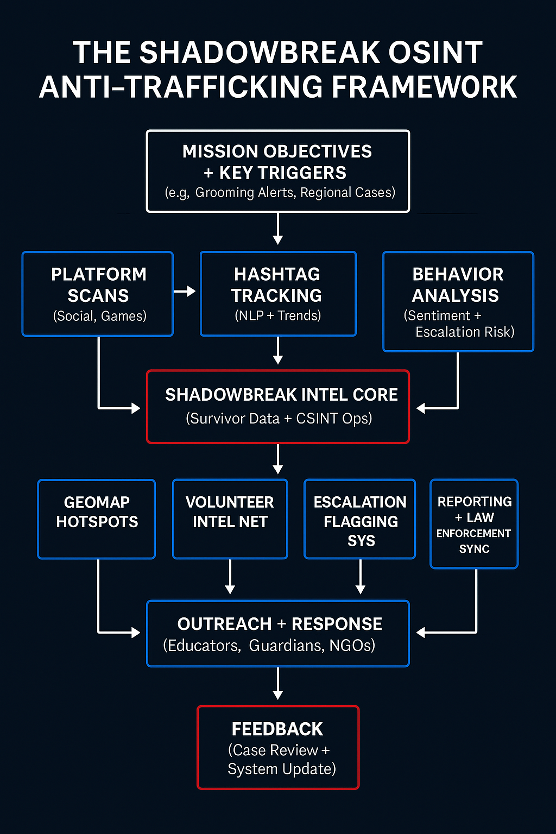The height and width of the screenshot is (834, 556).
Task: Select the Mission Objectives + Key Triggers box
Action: click(277, 170)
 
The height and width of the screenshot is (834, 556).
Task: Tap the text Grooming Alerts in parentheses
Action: click(244, 193)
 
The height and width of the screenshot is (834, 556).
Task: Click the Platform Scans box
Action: click(98, 293)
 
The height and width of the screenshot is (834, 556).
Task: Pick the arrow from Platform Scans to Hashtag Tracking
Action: click(184, 292)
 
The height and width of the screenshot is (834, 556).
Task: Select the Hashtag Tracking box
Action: click(277, 293)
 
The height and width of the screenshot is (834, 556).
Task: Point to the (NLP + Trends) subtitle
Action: click(277, 315)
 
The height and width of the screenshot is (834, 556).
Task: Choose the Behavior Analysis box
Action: click(458, 301)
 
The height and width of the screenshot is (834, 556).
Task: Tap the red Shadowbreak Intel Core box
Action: click(277, 406)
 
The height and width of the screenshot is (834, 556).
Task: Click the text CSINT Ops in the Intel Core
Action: click(333, 419)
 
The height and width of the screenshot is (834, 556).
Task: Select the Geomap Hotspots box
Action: click(97, 519)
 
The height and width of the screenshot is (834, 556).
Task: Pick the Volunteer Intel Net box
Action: click(230, 519)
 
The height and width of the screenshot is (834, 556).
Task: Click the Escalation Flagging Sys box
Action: click(360, 519)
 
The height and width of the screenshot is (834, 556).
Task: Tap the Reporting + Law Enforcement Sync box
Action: click(474, 523)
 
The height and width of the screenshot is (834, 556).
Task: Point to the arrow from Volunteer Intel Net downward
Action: click(230, 577)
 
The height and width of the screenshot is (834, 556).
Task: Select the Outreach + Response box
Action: click(277, 633)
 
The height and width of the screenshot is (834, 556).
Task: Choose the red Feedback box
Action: click(277, 747)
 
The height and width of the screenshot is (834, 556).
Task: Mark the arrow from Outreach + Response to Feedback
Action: click(277, 684)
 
